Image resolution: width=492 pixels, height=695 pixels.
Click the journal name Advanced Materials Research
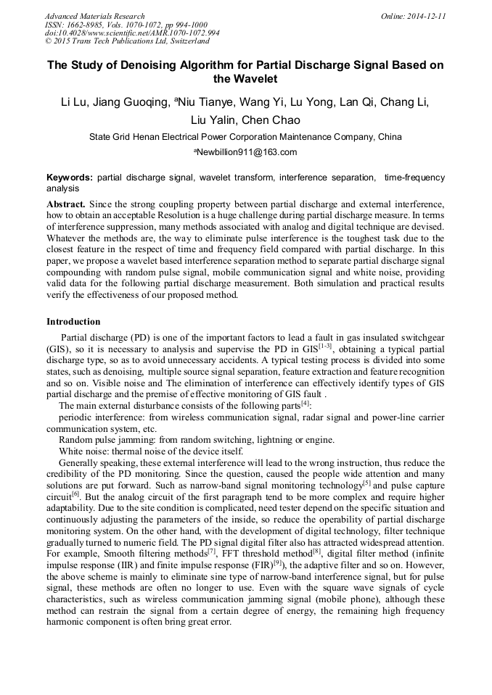pos(94,16)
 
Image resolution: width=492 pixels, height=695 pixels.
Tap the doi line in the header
pos(132,33)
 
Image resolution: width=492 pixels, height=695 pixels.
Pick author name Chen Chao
pos(270,120)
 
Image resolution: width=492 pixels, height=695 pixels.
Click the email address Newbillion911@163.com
pos(247,152)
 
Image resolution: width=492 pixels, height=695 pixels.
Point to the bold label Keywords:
pos(70,178)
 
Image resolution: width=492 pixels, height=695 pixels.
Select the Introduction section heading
pos(73,321)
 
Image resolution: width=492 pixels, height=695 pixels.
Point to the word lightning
pos(268,439)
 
